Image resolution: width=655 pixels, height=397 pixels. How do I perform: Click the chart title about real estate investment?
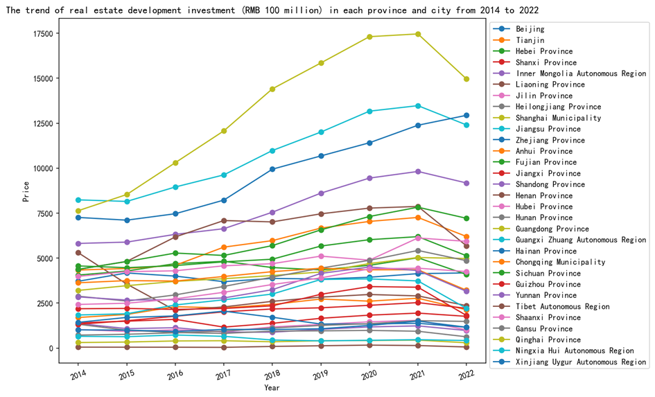coord(272,10)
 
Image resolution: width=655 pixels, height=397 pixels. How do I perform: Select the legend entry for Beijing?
coord(530,29)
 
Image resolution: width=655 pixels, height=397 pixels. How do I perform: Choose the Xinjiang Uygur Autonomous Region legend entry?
coord(581,362)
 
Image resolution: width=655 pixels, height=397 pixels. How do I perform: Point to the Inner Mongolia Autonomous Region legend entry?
coord(581,73)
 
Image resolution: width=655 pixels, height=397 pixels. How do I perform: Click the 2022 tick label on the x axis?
coord(466,376)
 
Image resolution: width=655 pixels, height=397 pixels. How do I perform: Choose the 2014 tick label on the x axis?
coord(78,376)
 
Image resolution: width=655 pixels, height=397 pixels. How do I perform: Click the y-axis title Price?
coord(26,191)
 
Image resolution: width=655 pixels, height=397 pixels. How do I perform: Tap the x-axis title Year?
coord(272,388)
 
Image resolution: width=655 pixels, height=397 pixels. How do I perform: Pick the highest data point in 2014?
coord(78,200)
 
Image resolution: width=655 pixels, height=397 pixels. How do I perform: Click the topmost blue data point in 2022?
coord(466,115)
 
